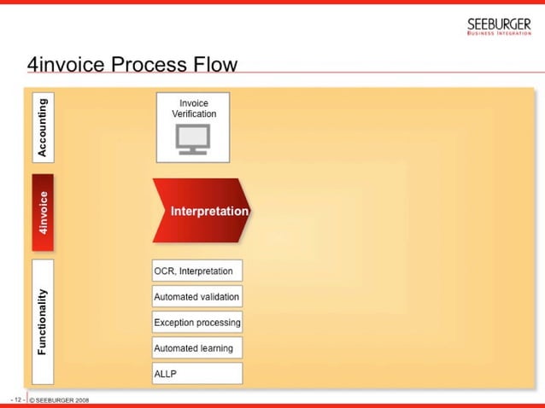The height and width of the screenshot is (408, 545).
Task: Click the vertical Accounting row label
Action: tap(43, 126)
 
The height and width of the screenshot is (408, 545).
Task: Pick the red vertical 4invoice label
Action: tap(43, 213)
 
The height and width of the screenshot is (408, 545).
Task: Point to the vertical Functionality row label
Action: tap(43, 321)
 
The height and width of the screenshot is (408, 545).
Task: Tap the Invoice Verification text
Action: tap(193, 108)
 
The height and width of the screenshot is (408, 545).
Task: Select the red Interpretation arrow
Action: tap(202, 211)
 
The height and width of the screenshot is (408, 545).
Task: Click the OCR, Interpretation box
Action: tap(196, 271)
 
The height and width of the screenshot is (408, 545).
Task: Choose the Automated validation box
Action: tap(196, 297)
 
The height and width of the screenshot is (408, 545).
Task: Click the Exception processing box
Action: tap(196, 323)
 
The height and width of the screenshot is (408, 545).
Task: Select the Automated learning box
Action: tap(196, 348)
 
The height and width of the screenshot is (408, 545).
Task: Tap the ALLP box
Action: tap(196, 374)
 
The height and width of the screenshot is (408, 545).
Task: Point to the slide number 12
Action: tap(15, 399)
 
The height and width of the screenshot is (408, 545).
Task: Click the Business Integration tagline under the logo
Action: tap(499, 34)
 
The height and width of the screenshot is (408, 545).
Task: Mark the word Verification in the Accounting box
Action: tap(193, 114)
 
